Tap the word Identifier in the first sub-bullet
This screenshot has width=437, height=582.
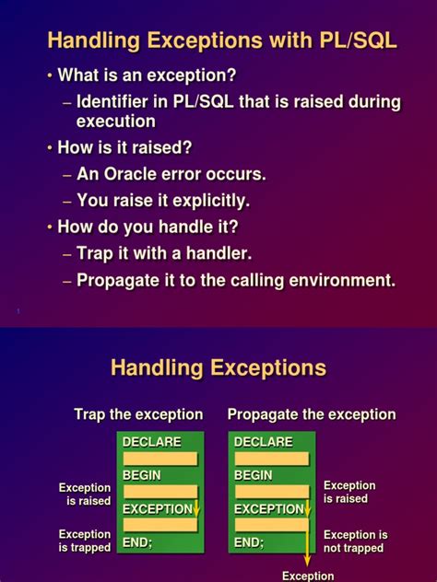121,101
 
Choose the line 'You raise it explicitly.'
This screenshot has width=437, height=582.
163,200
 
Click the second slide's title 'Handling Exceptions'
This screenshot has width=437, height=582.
218,368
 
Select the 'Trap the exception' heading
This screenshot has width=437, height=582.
138,414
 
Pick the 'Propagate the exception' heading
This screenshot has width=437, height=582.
312,414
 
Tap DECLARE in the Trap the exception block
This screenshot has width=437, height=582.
152,442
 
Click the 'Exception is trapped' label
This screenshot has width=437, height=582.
85,541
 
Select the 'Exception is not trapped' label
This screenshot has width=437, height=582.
355,541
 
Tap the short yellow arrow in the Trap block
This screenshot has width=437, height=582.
196,508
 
